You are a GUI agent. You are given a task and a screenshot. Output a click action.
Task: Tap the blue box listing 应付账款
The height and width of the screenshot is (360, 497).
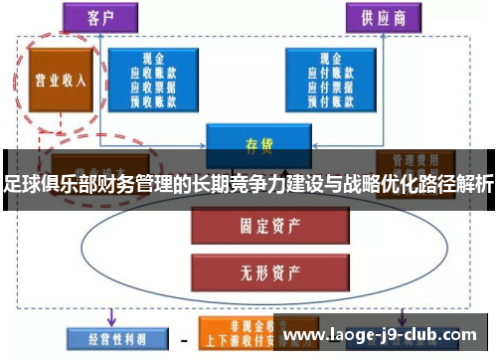click(332, 77)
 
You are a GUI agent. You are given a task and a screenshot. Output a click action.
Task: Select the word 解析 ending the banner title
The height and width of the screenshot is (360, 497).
click(473, 183)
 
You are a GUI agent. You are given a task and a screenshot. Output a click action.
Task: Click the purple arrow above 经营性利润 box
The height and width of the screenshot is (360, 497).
click(110, 316)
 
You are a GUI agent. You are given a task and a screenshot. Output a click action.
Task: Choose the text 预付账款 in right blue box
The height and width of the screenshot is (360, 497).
click(332, 98)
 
